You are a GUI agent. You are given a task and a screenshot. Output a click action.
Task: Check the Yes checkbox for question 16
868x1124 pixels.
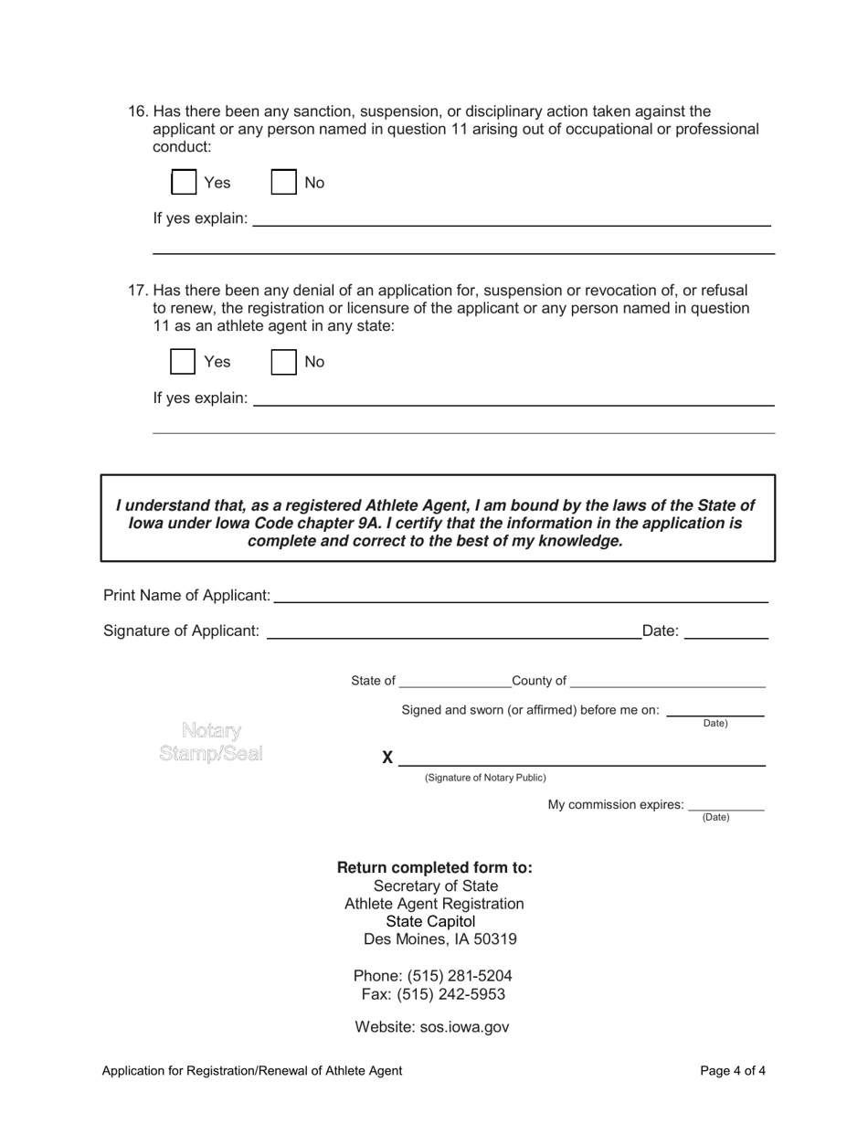tap(184, 182)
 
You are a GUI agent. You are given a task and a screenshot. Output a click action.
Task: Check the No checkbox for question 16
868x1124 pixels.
tap(284, 182)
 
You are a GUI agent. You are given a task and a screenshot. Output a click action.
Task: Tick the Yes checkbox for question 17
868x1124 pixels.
tap(184, 362)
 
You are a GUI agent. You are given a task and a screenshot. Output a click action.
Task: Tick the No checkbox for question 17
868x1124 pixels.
tap(284, 362)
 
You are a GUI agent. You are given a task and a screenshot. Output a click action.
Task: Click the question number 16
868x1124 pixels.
tap(138, 111)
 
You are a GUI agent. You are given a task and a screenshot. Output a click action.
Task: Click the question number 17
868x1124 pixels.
tap(138, 292)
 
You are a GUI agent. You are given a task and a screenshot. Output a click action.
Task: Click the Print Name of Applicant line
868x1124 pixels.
tap(520, 596)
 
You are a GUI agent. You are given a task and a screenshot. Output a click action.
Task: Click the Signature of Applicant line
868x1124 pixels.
tap(453, 631)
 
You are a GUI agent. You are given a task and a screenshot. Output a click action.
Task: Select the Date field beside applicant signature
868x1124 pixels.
tap(725, 631)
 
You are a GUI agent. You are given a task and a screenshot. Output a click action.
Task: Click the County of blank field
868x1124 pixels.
tap(667, 681)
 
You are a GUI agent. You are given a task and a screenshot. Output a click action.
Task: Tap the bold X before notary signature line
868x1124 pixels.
tap(387, 758)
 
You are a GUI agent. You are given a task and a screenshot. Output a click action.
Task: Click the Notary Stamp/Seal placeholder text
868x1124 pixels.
tap(211, 742)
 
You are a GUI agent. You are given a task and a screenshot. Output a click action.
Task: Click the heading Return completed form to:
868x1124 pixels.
tap(435, 867)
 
